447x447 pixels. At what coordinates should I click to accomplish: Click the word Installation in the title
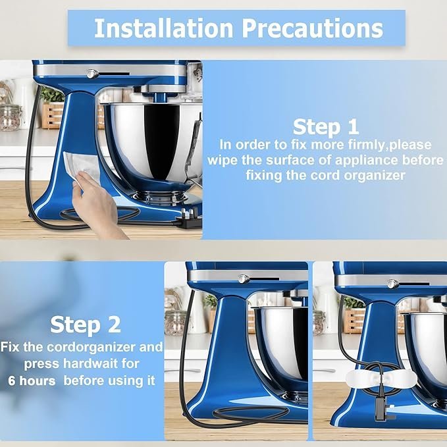[x=164, y=28]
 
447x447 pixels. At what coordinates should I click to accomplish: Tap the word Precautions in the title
[x=313, y=28]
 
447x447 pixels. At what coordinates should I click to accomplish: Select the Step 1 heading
[x=326, y=127]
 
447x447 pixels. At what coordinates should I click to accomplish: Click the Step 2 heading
[x=85, y=325]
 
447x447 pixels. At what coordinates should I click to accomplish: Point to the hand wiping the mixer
[x=97, y=202]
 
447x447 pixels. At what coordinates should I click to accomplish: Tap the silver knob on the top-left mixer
[x=92, y=74]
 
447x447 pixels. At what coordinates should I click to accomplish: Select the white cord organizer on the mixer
[x=381, y=378]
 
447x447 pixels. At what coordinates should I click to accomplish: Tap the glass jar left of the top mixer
[x=11, y=117]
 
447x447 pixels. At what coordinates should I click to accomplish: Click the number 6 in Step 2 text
[x=12, y=381]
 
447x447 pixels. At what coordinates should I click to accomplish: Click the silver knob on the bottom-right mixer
[x=392, y=284]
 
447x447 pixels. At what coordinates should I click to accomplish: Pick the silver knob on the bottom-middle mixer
[x=243, y=278]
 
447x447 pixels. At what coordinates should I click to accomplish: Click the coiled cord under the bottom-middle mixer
[x=251, y=413]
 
